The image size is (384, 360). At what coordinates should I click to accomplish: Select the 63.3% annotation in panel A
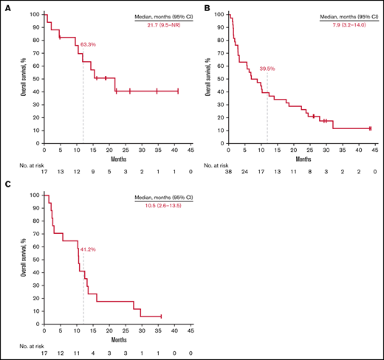[x=89, y=45]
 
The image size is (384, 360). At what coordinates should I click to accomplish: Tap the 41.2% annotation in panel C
[x=89, y=249]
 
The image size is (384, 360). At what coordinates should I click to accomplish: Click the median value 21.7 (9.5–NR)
[x=160, y=22]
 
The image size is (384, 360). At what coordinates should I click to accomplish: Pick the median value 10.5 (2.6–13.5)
[x=160, y=204]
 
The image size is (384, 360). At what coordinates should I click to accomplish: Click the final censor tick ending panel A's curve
[x=178, y=91]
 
